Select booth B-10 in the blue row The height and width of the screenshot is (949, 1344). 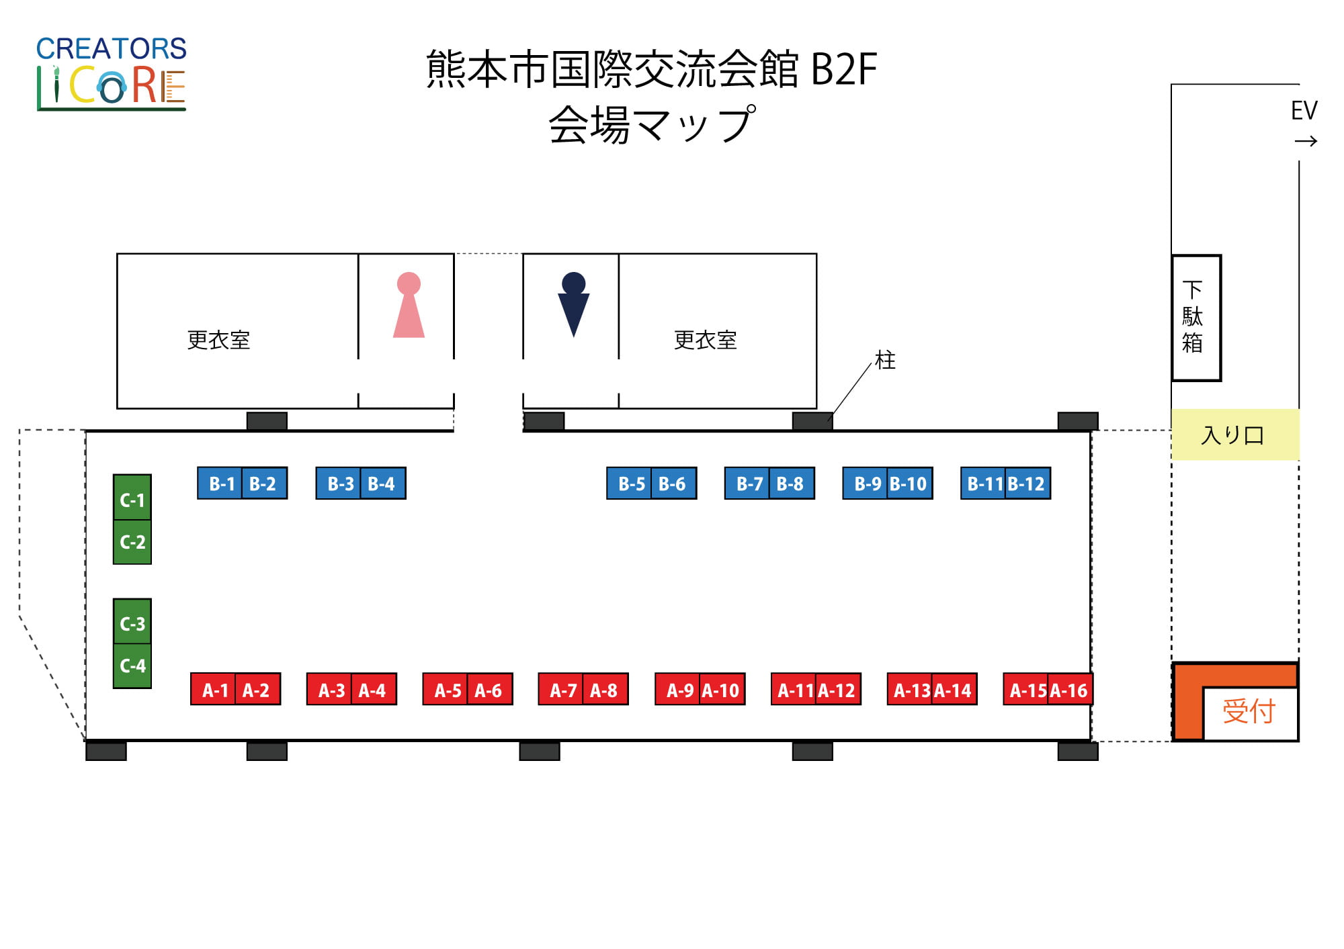[909, 484]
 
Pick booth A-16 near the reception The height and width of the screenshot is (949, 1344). [1070, 689]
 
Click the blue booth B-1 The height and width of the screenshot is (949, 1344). [220, 484]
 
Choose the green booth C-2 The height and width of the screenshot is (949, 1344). [132, 542]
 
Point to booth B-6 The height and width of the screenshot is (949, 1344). [673, 484]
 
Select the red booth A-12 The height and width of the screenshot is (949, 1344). [838, 689]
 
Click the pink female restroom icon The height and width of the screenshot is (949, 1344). [409, 305]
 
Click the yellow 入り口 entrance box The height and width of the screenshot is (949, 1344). [1235, 435]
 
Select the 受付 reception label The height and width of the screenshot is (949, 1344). [1249, 711]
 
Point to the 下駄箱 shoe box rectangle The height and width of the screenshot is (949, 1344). [1196, 318]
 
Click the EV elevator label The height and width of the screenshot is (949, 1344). [1304, 110]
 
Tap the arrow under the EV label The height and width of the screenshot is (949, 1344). [1306, 141]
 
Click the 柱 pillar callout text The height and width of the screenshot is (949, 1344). [885, 360]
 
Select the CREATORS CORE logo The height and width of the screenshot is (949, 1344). [112, 73]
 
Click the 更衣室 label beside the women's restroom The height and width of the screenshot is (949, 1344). [218, 340]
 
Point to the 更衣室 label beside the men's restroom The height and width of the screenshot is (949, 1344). [705, 340]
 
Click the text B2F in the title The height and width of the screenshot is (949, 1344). [844, 69]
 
